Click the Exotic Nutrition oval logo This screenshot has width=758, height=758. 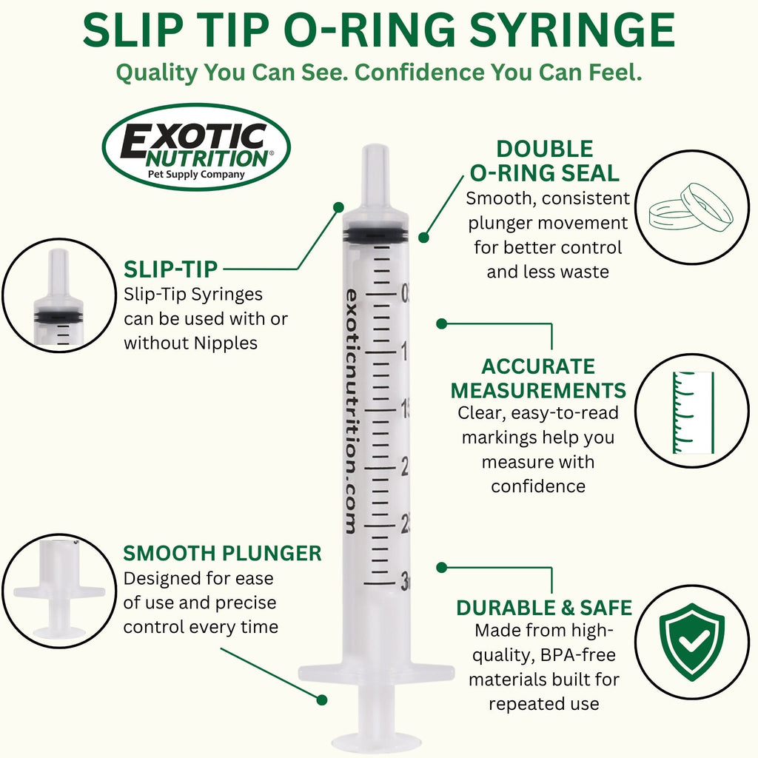point(196,147)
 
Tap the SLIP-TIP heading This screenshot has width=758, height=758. point(171,269)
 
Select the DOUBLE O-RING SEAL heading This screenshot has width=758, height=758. point(545,161)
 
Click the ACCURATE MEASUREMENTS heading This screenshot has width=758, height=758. point(538,378)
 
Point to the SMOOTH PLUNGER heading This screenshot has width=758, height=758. point(222,554)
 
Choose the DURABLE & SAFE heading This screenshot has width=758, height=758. point(544,608)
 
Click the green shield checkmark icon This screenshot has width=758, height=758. point(692,642)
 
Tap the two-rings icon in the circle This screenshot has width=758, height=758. point(691,207)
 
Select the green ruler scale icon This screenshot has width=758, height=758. point(693,412)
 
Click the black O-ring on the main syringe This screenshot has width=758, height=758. point(376,234)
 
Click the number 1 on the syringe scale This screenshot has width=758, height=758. point(404,352)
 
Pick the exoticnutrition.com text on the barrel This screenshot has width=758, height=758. point(352,412)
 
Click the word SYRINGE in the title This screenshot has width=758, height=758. point(572,30)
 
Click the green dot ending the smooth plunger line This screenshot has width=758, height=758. point(321,700)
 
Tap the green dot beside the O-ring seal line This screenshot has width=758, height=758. point(424,238)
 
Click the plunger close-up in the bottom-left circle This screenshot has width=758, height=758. point(59,591)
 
